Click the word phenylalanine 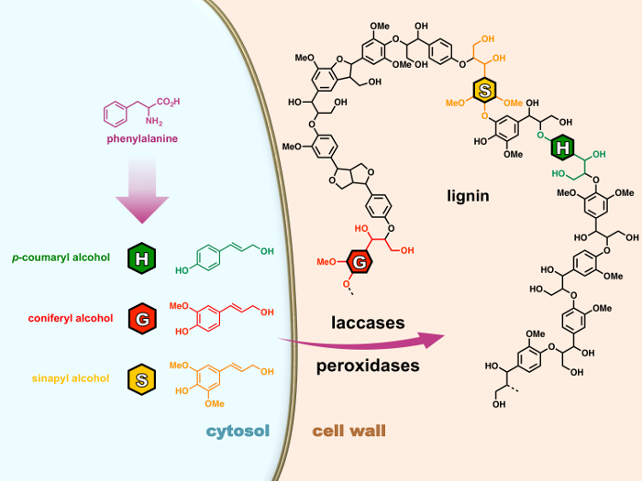click(142, 139)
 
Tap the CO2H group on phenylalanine click(168, 102)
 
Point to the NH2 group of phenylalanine click(154, 121)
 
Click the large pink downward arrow click(142, 191)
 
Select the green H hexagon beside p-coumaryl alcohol click(141, 258)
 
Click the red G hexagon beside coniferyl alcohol click(141, 319)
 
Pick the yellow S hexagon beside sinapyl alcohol click(141, 379)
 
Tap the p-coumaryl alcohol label click(61, 257)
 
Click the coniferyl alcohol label click(71, 318)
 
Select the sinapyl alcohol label click(71, 378)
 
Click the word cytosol click(238, 431)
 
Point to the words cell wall click(349, 431)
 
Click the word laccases click(368, 322)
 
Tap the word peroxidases click(368, 366)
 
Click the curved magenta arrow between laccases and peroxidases click(361, 344)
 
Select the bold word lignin click(468, 196)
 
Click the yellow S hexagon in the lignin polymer click(485, 91)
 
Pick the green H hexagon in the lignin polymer click(562, 148)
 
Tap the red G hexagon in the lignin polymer click(360, 262)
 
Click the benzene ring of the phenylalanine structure click(115, 115)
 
